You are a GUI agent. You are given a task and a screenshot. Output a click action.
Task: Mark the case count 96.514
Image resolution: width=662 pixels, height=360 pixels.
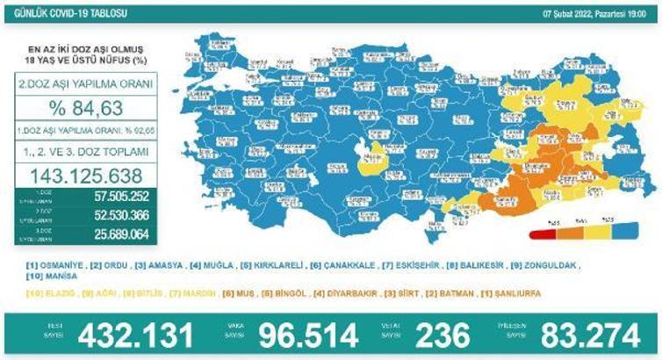coord(308,334)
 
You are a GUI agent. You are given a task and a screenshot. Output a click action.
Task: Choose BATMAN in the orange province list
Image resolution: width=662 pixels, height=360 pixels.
coord(462,292)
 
